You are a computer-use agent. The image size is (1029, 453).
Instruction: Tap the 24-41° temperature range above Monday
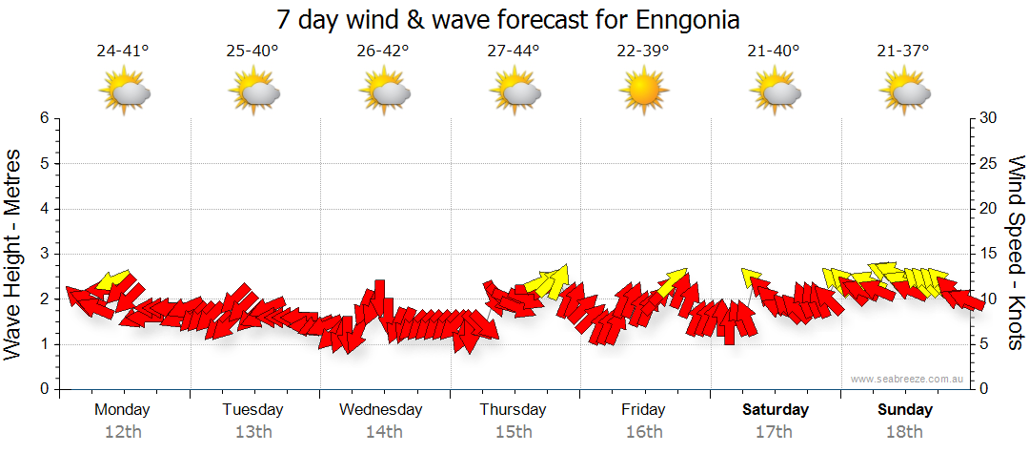[123, 51]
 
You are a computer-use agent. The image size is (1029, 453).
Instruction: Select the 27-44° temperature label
[513, 51]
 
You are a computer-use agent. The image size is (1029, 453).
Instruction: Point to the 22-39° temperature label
[643, 51]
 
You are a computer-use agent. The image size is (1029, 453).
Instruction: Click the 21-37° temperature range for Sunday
[903, 51]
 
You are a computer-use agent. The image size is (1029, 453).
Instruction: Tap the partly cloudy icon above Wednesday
[384, 93]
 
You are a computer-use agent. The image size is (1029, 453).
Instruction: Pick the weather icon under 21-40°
[774, 93]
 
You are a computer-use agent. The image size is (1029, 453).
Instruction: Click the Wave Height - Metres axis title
[14, 254]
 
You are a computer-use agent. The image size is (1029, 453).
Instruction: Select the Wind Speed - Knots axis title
[1016, 254]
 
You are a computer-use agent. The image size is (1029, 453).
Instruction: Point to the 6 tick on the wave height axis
[43, 118]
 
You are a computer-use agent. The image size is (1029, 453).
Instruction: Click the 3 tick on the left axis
[43, 254]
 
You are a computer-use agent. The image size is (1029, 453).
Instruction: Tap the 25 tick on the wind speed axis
[990, 163]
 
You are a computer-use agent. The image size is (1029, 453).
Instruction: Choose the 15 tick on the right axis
[990, 254]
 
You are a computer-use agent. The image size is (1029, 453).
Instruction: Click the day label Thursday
[513, 410]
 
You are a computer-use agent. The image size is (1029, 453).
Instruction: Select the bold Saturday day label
[775, 410]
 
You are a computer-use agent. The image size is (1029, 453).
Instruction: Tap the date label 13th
[253, 432]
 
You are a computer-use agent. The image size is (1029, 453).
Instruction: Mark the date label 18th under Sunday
[904, 432]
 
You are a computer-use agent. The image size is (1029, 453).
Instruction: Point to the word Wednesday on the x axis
[381, 410]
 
